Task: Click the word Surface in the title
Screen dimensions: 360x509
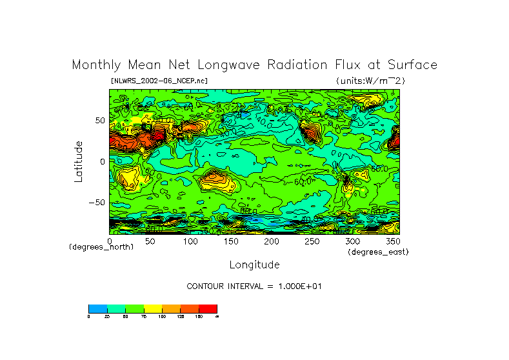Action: click(x=412, y=65)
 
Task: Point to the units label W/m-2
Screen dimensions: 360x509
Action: click(x=370, y=81)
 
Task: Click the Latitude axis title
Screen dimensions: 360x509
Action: click(x=79, y=161)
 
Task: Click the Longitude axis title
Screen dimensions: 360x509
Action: click(x=254, y=265)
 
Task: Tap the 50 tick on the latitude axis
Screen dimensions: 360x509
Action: click(x=99, y=121)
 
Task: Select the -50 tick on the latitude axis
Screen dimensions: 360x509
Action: click(x=97, y=202)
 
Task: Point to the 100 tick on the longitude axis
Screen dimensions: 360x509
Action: click(x=190, y=241)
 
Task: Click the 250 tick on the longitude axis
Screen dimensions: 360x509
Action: click(x=312, y=241)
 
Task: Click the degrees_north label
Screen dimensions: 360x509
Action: click(x=101, y=247)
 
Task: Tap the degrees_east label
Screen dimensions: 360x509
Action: click(x=378, y=252)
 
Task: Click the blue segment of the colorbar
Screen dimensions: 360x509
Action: click(x=97, y=309)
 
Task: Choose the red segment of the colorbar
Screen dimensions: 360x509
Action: click(x=208, y=309)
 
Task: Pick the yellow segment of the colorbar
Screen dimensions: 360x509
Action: click(x=152, y=309)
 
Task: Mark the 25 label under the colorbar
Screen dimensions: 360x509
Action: click(x=107, y=317)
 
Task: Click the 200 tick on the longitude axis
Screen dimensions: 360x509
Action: click(x=271, y=241)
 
